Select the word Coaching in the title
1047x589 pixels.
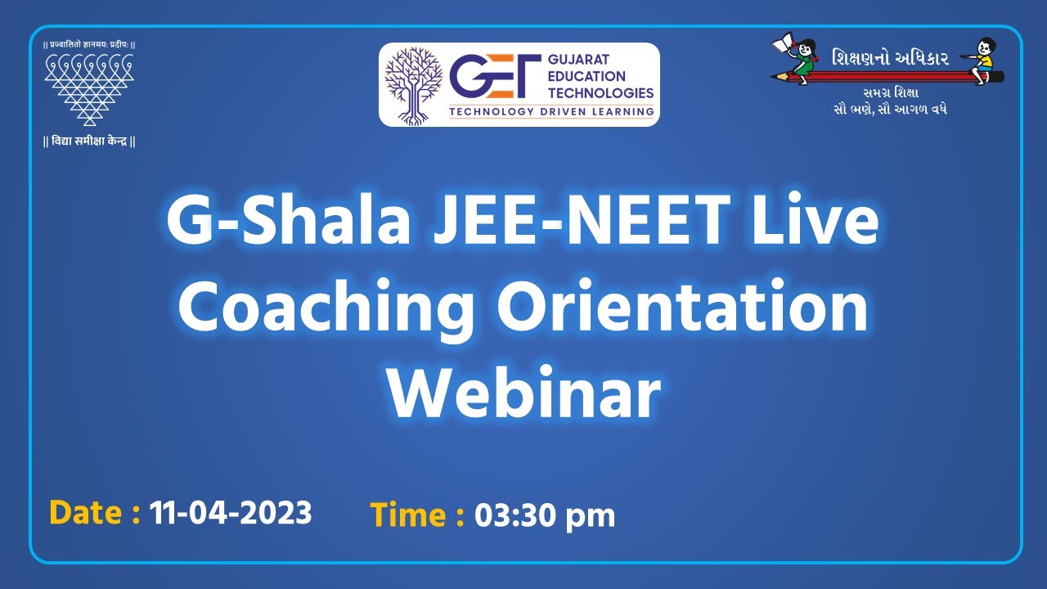[x=326, y=308]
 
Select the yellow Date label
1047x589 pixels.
[x=94, y=513]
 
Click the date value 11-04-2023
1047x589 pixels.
[x=231, y=513]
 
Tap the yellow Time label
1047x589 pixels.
[x=417, y=515]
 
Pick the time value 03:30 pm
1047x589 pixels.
[x=545, y=515]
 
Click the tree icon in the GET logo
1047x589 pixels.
[x=413, y=84]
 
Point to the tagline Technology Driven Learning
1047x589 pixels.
[x=550, y=111]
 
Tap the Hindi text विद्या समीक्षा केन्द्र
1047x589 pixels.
[x=88, y=141]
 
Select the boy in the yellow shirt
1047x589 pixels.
[x=985, y=57]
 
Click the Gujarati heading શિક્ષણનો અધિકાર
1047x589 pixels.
[x=890, y=58]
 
